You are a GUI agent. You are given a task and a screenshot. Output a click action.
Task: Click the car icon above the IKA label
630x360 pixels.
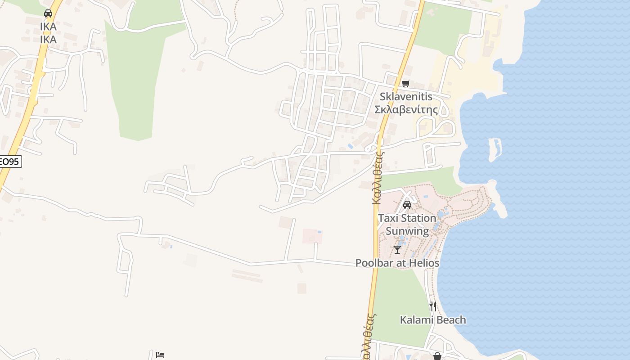click(48, 13)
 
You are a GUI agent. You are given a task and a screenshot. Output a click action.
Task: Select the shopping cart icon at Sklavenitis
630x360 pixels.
click(405, 83)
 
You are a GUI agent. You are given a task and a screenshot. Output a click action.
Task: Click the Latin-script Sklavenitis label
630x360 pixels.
click(406, 96)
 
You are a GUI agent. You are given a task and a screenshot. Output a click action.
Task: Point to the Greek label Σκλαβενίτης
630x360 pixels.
click(406, 109)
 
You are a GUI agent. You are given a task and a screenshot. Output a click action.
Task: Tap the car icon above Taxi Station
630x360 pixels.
click(407, 205)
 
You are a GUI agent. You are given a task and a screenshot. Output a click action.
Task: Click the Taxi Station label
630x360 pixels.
click(407, 218)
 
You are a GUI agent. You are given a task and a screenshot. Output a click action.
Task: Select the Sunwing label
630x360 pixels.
click(407, 231)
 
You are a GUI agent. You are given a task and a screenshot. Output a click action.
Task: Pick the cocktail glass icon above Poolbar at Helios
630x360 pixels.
click(397, 249)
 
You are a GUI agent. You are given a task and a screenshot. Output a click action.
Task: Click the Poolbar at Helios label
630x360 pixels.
click(397, 263)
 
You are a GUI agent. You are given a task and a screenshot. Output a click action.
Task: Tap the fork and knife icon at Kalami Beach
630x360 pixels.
click(433, 306)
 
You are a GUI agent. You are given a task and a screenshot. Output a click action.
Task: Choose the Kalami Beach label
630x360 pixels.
click(433, 320)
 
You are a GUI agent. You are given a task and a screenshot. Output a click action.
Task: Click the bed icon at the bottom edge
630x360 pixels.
click(160, 355)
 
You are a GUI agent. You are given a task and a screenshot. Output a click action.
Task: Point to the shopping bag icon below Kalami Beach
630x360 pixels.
click(437, 356)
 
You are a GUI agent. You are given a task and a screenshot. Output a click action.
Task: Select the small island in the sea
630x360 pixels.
click(495, 149)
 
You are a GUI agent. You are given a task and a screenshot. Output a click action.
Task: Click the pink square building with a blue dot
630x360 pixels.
click(312, 236)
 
